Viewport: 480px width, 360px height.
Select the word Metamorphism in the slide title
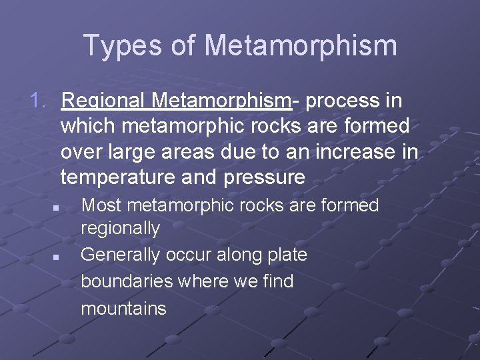click(x=301, y=45)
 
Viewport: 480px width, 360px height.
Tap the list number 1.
click(x=39, y=101)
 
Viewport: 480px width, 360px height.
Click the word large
click(x=131, y=152)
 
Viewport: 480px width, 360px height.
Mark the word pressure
click(x=264, y=178)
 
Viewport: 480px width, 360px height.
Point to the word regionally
click(x=120, y=229)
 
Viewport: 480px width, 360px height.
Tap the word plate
click(x=286, y=255)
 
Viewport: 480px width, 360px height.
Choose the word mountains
click(x=123, y=308)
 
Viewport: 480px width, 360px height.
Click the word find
click(x=277, y=281)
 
